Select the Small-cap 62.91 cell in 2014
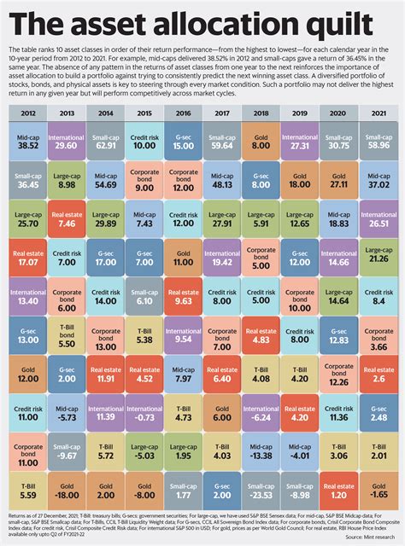107,141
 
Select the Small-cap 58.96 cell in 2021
376,141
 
